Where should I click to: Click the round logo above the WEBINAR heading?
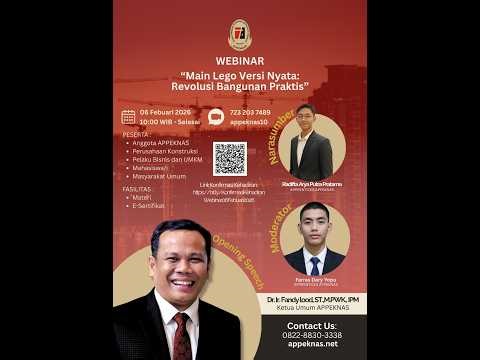coord(240,34)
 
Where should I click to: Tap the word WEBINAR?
coord(240,61)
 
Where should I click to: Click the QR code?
coord(229,158)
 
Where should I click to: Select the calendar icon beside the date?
coord(128,117)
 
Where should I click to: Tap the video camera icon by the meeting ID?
coord(216,117)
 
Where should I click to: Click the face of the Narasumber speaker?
coord(305,120)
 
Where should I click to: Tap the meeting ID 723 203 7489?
coord(249,112)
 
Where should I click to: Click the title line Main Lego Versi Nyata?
coord(240,76)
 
